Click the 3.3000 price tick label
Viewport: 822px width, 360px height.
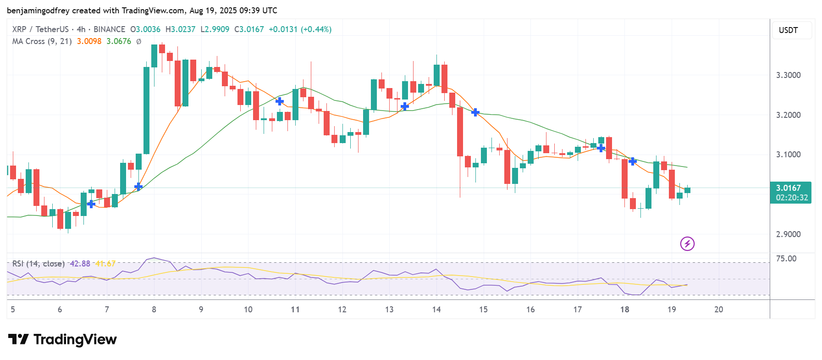tap(788, 75)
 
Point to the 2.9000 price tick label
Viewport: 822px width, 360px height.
tap(788, 234)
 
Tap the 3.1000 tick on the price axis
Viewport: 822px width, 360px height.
tap(788, 155)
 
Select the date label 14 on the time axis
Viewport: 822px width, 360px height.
tap(436, 310)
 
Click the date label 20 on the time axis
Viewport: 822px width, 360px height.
tap(718, 310)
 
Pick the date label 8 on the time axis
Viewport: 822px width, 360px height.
tap(154, 310)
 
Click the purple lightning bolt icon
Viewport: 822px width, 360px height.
tap(687, 244)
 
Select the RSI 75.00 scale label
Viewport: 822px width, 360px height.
tap(786, 259)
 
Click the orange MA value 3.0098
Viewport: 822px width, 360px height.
tap(89, 41)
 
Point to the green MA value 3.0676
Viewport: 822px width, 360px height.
tap(119, 41)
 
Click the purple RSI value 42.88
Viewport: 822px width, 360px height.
tap(80, 264)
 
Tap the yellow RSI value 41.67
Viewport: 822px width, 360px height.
tap(105, 264)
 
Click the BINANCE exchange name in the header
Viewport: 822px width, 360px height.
tap(109, 29)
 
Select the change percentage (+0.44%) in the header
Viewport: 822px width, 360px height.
tap(316, 29)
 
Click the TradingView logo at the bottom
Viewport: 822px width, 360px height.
tap(62, 339)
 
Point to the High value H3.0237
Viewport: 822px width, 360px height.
tap(180, 29)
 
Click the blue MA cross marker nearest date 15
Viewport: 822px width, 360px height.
tap(475, 112)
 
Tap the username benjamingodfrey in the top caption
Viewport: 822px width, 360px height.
tap(38, 11)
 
